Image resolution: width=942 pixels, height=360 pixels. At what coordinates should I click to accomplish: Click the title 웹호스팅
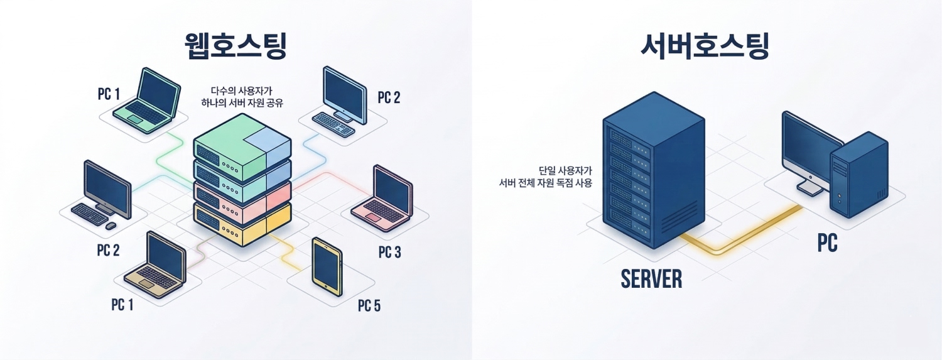pos(235,46)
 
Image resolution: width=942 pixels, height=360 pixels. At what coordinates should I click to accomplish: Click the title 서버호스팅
pos(705,46)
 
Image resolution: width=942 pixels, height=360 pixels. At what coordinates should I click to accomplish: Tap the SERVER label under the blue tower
pos(651,279)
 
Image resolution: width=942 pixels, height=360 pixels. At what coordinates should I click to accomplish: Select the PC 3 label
pos(389,253)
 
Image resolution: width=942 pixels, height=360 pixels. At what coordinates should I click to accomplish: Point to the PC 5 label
pos(369,306)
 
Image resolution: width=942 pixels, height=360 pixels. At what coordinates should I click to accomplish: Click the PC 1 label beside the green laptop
pos(109,94)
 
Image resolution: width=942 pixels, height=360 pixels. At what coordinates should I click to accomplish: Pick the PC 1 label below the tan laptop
pos(122,305)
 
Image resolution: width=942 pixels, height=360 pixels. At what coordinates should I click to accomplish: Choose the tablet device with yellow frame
pos(327,266)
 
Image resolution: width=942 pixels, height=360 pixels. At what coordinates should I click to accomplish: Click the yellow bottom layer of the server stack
pos(242,224)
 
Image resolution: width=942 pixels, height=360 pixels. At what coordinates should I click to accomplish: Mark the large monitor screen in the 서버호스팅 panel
pos(810,148)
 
